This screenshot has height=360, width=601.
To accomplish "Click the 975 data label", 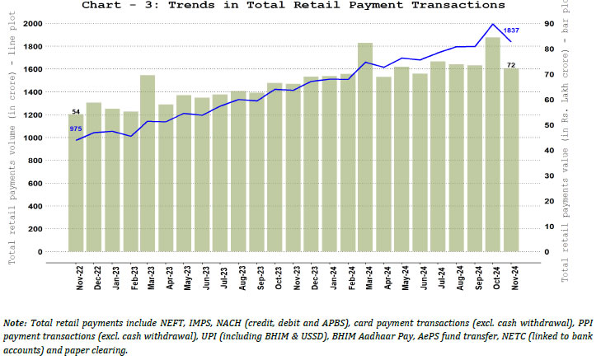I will tap(76, 129).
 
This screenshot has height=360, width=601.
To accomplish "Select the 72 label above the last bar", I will tap(510, 64).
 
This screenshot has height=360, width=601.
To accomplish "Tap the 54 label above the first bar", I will tap(76, 111).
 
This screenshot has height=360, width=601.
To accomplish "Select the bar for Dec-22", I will tap(93, 177).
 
